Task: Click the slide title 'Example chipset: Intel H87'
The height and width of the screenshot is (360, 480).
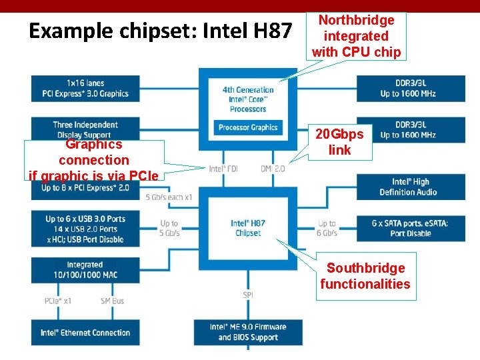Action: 161,31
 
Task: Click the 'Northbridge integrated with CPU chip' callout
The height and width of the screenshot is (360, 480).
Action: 356,36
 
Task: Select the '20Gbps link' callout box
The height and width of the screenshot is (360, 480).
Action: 339,142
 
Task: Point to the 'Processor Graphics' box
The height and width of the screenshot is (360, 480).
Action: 248,127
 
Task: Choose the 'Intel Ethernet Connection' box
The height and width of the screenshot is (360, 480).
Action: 85,333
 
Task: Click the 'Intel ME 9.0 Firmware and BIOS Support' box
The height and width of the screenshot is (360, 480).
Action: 247,332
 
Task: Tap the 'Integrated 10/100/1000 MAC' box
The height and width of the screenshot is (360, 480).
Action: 85,270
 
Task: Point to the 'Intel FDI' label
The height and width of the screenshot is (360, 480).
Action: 223,169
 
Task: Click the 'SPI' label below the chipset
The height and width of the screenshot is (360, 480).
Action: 247,295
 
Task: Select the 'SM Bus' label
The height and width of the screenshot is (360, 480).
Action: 113,301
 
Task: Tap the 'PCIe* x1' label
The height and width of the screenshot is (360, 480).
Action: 58,301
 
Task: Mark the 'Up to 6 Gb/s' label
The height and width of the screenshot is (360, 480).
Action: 327,229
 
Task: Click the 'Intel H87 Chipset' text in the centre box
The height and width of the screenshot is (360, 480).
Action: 247,228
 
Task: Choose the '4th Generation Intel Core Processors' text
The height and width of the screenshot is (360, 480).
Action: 248,99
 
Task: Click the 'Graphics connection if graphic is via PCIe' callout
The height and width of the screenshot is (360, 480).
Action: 93,160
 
